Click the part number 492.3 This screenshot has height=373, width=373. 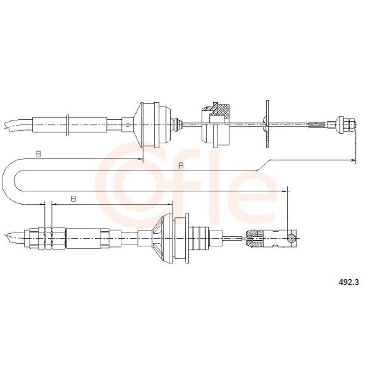pos(348,283)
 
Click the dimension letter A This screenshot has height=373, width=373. pos(181,166)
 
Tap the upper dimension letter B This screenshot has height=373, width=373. pos(39,154)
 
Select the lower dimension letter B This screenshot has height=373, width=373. pos(74,199)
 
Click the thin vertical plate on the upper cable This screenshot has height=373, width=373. pos(267,124)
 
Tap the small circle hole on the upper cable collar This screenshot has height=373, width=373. pos(128,124)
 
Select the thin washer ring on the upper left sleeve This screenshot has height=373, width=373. pos(68,124)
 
